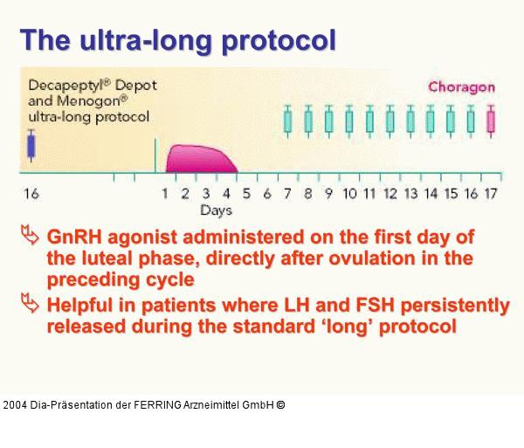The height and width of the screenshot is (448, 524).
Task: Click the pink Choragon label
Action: point(461,86)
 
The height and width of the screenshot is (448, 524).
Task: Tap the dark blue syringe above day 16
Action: point(32,145)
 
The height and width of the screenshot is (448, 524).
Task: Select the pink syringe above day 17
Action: point(491,121)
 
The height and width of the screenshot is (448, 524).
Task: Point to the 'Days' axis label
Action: point(216,210)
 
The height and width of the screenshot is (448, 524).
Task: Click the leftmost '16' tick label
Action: point(32,193)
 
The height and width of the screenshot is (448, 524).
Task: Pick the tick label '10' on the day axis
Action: point(348,193)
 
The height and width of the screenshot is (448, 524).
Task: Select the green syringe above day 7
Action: point(287,121)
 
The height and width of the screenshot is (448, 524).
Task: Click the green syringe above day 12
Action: point(390,121)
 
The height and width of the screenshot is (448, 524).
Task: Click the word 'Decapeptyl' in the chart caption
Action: point(60,87)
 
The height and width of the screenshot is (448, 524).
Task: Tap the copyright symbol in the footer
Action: point(279,405)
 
